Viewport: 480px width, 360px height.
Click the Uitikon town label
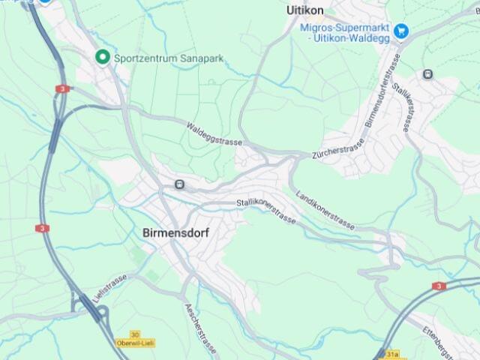click(305, 10)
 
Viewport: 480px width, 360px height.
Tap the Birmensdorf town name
click(175, 233)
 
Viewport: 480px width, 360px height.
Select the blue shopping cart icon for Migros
click(401, 31)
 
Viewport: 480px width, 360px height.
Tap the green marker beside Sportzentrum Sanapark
click(102, 57)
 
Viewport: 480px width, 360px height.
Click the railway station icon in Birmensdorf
click(179, 184)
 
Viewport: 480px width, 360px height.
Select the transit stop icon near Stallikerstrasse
click(427, 74)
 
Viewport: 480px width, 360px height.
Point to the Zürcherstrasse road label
click(337, 148)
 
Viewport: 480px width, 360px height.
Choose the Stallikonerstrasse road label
click(266, 210)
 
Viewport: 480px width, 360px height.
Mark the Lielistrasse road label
click(106, 289)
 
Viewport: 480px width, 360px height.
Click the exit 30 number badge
click(135, 334)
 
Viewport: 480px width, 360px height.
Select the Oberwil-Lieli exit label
click(135, 343)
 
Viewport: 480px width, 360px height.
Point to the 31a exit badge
click(392, 353)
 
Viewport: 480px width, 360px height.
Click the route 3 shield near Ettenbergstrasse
click(439, 286)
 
